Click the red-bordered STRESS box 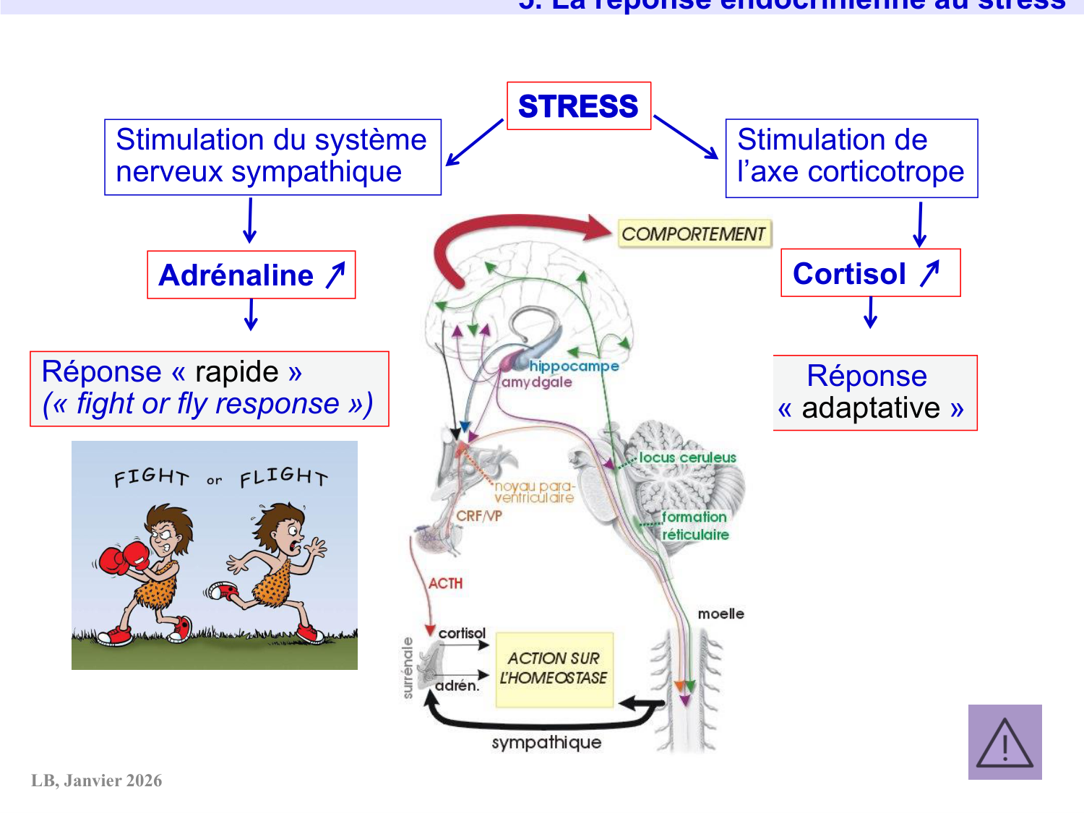click(x=578, y=106)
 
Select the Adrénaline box click(x=251, y=275)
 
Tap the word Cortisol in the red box click(x=849, y=274)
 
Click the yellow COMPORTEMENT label click(x=693, y=234)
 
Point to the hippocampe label click(x=574, y=366)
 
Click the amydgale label click(x=537, y=382)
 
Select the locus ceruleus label click(x=687, y=457)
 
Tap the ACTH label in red click(x=445, y=583)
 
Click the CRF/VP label click(x=478, y=516)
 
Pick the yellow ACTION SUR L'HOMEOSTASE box click(x=554, y=669)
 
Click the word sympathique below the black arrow click(x=546, y=743)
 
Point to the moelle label click(x=720, y=614)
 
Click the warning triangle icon click(x=1005, y=743)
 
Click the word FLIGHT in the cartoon click(x=283, y=477)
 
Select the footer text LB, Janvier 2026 click(x=97, y=780)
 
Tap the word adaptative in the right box click(x=871, y=408)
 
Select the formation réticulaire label click(x=694, y=525)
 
